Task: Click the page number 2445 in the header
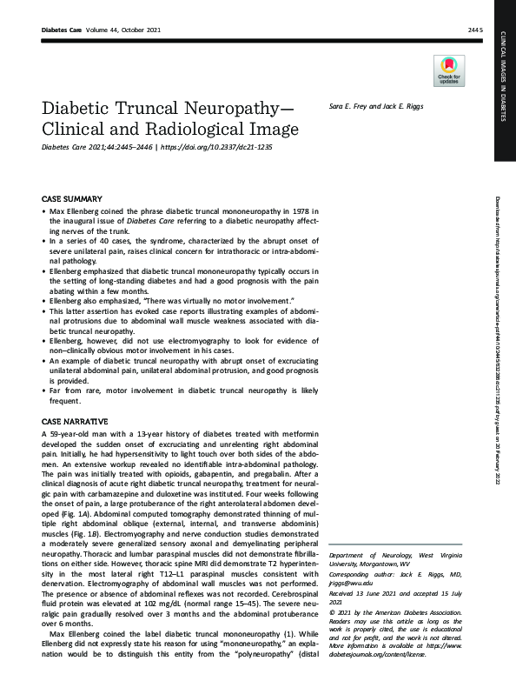point(474,30)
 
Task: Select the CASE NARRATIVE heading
point(76,419)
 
